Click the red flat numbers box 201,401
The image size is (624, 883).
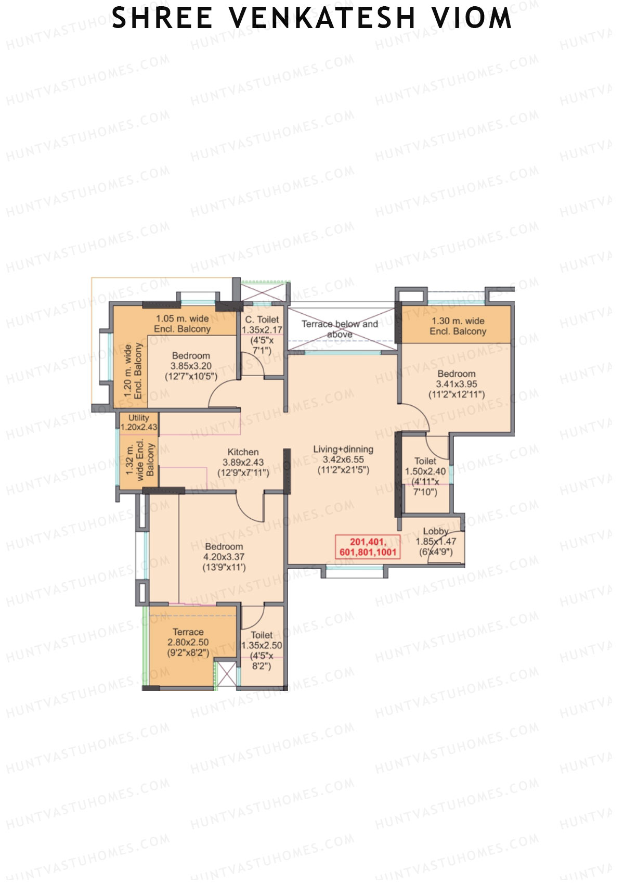tap(368, 547)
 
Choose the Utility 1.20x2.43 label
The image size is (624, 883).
tap(138, 422)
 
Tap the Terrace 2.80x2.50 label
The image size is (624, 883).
tap(188, 642)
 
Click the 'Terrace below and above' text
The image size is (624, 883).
tap(340, 329)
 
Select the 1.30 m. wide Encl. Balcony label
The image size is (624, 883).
tap(458, 326)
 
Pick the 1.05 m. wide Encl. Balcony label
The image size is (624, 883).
tap(182, 324)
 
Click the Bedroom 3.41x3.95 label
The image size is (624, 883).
tap(456, 384)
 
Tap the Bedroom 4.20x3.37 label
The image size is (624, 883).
tap(224, 557)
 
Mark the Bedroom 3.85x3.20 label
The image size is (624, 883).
tap(191, 366)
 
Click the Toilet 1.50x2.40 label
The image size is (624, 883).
tap(425, 476)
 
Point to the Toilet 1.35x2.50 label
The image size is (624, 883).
tap(262, 650)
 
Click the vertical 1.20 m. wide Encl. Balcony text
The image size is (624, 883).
tap(133, 371)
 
